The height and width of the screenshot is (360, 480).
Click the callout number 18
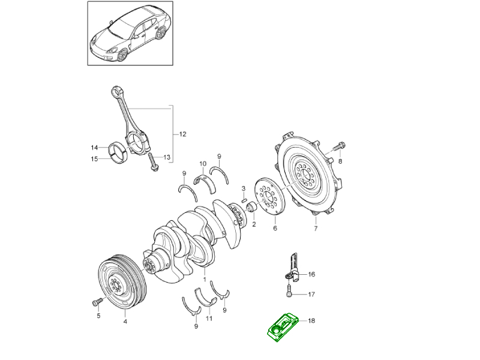pos(311,321)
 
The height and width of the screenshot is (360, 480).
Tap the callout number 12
pos(182,134)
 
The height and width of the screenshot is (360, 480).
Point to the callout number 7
pos(316,229)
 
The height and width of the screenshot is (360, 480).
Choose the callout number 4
pos(125,322)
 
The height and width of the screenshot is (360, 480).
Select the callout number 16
pos(311,274)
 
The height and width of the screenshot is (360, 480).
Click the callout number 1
pos(204,279)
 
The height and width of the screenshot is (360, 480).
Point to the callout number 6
pos(275,228)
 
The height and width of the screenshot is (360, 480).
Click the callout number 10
pos(203,164)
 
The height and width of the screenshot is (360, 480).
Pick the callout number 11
pos(209,318)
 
